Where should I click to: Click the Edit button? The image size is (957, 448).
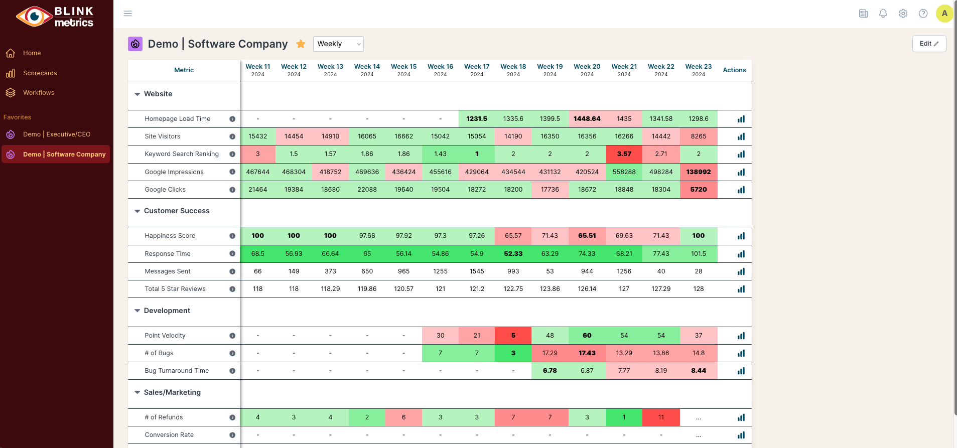(929, 44)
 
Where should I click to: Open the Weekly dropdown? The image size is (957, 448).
(338, 44)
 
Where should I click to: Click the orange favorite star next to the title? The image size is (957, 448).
(301, 44)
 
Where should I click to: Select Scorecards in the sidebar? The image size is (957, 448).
(40, 73)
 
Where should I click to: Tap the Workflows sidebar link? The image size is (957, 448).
(39, 93)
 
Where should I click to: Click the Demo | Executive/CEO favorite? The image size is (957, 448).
(57, 134)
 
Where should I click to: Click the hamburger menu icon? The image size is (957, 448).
(128, 14)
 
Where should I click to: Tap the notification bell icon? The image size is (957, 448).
(883, 14)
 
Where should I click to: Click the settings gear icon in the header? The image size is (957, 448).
(903, 14)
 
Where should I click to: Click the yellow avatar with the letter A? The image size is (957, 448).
(944, 14)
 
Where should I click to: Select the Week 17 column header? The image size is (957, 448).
(477, 70)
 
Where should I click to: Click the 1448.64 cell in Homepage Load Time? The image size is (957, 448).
(587, 119)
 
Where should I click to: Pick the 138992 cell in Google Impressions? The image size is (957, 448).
(698, 172)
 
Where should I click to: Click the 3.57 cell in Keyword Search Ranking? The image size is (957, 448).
(624, 154)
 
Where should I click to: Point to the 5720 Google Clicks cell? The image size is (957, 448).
(698, 190)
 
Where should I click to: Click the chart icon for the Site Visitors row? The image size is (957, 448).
(741, 136)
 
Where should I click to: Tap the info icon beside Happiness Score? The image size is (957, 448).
(232, 236)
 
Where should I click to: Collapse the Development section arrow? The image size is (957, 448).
(137, 311)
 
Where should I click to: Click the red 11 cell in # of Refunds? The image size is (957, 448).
(661, 417)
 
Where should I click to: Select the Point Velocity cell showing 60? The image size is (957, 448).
(587, 336)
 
